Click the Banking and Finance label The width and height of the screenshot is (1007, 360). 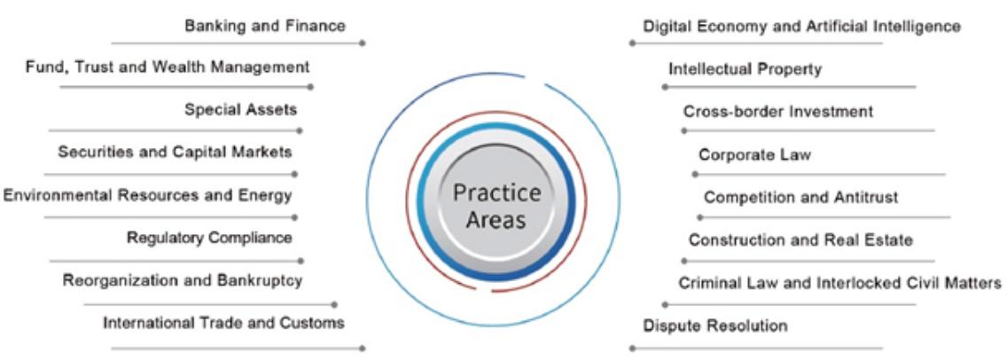[264, 27]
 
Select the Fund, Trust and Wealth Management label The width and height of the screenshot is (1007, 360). [168, 67]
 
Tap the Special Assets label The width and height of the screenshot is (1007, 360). [240, 110]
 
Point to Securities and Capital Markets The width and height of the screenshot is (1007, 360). [175, 153]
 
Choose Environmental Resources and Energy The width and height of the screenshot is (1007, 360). [147, 195]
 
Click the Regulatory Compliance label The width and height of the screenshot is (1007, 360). [209, 238]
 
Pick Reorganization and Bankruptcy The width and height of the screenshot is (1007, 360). [183, 281]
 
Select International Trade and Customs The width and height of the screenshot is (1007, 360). [223, 323]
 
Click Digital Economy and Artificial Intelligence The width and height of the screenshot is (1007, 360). [801, 27]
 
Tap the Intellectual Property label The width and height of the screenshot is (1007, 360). [745, 68]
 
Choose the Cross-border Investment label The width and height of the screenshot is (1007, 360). [777, 112]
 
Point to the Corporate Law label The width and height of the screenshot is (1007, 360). [754, 155]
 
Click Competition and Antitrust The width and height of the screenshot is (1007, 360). [800, 197]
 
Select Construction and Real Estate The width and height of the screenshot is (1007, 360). [800, 239]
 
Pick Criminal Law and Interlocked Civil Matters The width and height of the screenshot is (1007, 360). [839, 283]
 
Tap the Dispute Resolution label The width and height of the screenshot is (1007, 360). [714, 325]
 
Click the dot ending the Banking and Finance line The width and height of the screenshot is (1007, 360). [363, 43]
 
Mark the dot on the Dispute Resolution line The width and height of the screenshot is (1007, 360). [631, 348]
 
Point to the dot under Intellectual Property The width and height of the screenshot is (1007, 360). [664, 87]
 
